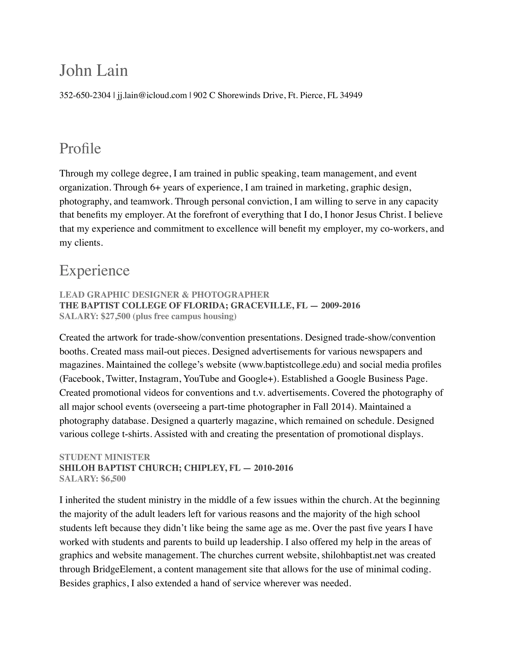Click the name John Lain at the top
pos(94,71)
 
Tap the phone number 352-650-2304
pos(85,95)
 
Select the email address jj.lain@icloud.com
pos(152,95)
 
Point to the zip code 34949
pos(351,95)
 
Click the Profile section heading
pos(80,149)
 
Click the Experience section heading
pos(94,271)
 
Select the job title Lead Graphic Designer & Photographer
pos(164,295)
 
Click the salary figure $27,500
pos(115,316)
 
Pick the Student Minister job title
pos(105,457)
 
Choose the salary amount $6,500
pos(113,479)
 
